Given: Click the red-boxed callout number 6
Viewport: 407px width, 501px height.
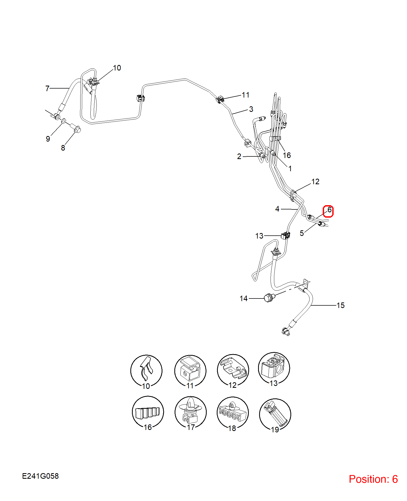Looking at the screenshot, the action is pyautogui.click(x=329, y=210).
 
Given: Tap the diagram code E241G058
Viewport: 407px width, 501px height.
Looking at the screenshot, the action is pyautogui.click(x=40, y=476).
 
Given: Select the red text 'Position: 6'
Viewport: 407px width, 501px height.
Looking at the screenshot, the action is pyautogui.click(x=373, y=479).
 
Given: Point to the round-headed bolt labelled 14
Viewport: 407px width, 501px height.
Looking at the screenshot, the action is pyautogui.click(x=268, y=298).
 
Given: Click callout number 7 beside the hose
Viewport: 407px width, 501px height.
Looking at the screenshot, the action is pyautogui.click(x=47, y=89).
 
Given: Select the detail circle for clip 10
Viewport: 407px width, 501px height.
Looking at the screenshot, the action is pyautogui.click(x=146, y=371).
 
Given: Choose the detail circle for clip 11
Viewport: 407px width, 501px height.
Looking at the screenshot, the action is pyautogui.click(x=190, y=371).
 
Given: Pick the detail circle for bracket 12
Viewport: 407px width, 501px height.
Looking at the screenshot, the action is pyautogui.click(x=233, y=370).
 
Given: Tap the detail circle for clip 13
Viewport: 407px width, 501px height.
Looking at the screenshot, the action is pyautogui.click(x=274, y=368).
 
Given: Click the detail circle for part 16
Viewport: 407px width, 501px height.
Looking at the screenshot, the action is pyautogui.click(x=148, y=412).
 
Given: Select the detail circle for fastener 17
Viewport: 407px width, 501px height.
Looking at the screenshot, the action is pyautogui.click(x=191, y=412).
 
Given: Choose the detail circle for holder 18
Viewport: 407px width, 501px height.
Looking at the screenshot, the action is pyautogui.click(x=233, y=413).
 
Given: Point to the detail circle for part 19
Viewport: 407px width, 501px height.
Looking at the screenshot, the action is pyautogui.click(x=275, y=415).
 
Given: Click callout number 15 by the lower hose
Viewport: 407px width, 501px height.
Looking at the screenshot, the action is pyautogui.click(x=340, y=305).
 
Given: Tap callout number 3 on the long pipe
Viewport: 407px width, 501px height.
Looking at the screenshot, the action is pyautogui.click(x=251, y=109).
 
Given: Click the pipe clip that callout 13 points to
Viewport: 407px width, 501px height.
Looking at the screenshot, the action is pyautogui.click(x=285, y=235).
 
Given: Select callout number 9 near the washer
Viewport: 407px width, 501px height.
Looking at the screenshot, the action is pyautogui.click(x=48, y=139).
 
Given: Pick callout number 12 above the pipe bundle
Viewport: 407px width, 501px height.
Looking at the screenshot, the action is pyautogui.click(x=315, y=182).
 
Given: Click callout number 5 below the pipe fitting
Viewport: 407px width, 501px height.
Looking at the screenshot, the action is pyautogui.click(x=302, y=233).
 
